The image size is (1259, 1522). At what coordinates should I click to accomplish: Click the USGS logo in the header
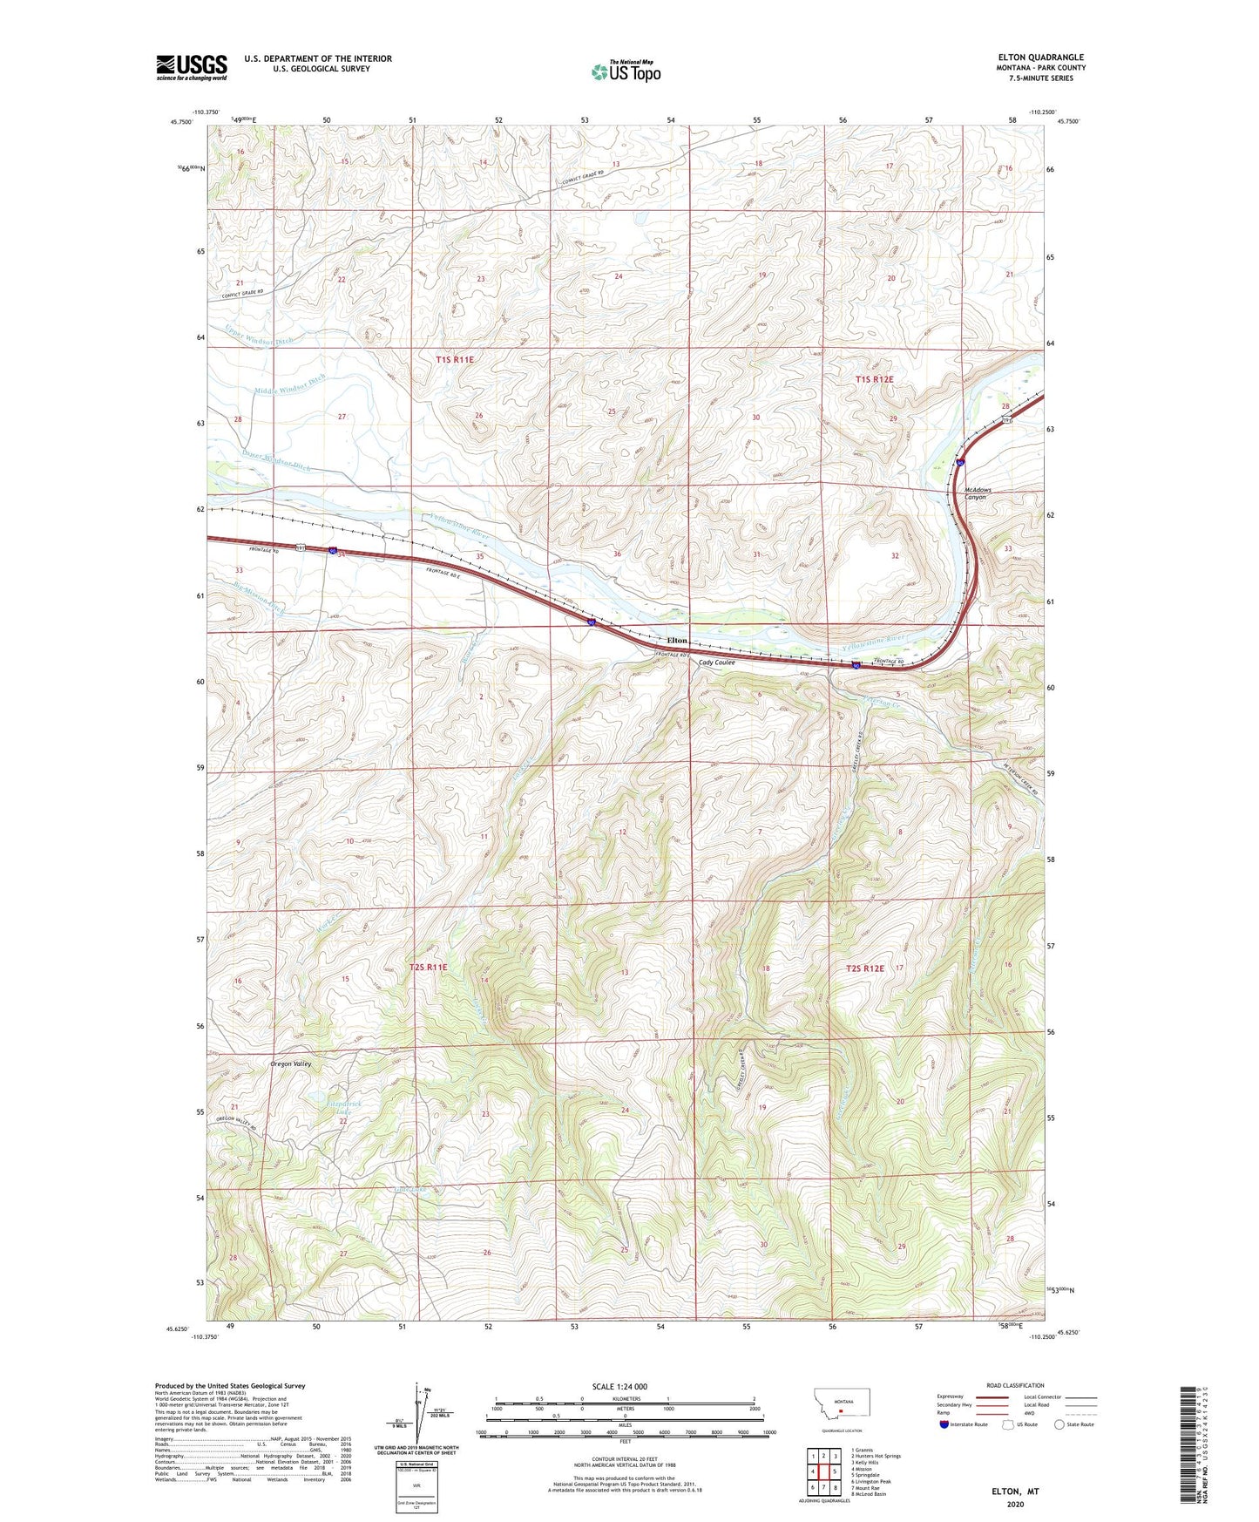[x=192, y=67]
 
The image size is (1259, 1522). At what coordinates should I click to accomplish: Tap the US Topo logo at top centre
[x=626, y=71]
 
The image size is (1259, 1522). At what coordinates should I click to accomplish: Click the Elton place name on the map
[x=677, y=641]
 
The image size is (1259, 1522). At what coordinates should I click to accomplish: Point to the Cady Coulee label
[x=717, y=662]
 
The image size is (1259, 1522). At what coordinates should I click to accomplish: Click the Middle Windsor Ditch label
[x=290, y=384]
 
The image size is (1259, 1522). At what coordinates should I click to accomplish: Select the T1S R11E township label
[x=455, y=359]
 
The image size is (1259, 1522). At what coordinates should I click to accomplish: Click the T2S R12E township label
[x=864, y=968]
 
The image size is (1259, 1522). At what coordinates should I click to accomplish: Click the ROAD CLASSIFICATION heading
[x=1015, y=1385]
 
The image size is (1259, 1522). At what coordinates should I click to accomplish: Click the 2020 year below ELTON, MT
[x=1015, y=1504]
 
